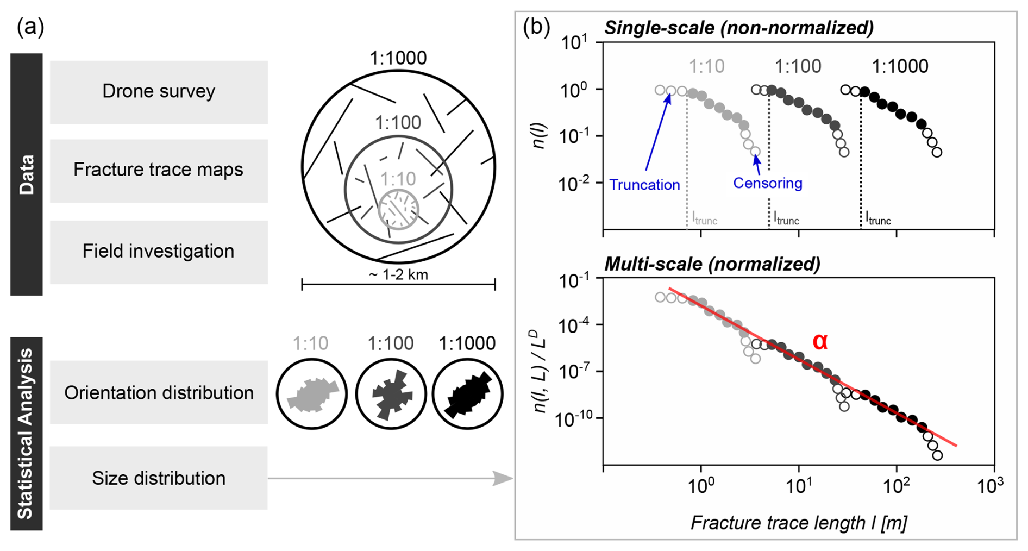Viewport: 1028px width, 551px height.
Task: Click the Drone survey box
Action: [159, 92]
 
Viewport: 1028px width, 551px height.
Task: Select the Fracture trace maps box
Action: [159, 170]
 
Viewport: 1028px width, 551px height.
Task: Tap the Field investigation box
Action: [159, 252]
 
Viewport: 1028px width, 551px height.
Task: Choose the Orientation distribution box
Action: [159, 392]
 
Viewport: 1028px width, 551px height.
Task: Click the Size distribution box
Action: [159, 478]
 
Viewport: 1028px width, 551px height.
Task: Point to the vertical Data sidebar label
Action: [26, 174]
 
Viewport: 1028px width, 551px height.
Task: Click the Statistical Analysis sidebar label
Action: [26, 434]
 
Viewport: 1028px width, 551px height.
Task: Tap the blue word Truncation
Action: [644, 185]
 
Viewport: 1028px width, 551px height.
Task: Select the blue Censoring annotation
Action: [767, 183]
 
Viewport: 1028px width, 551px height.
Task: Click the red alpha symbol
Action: [819, 342]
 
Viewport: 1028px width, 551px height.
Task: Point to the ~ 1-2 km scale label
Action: [398, 275]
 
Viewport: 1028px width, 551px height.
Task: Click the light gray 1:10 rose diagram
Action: [312, 394]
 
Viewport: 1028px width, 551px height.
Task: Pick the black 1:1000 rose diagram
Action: [467, 394]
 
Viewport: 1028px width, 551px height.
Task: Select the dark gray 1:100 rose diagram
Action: [390, 394]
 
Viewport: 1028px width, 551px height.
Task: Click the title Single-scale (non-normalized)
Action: [738, 28]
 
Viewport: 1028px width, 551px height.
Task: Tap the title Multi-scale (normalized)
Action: [712, 264]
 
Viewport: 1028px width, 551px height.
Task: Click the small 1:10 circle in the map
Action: [398, 209]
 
